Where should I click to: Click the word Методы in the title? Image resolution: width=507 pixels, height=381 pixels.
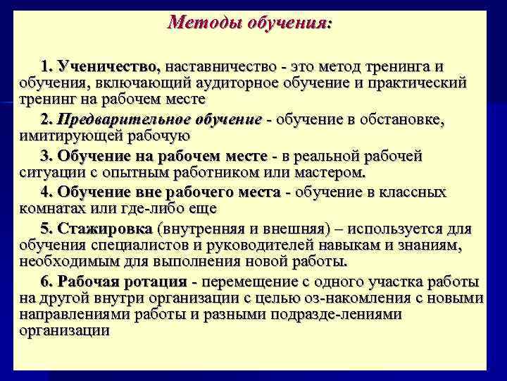(204, 23)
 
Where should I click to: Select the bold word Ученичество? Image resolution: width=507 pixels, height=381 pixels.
(110, 67)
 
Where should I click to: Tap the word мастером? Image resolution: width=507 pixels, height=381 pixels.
(331, 171)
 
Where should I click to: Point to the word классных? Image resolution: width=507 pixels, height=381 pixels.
(420, 192)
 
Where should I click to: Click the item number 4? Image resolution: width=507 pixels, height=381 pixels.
(47, 192)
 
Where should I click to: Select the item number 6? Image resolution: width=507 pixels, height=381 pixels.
(47, 282)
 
